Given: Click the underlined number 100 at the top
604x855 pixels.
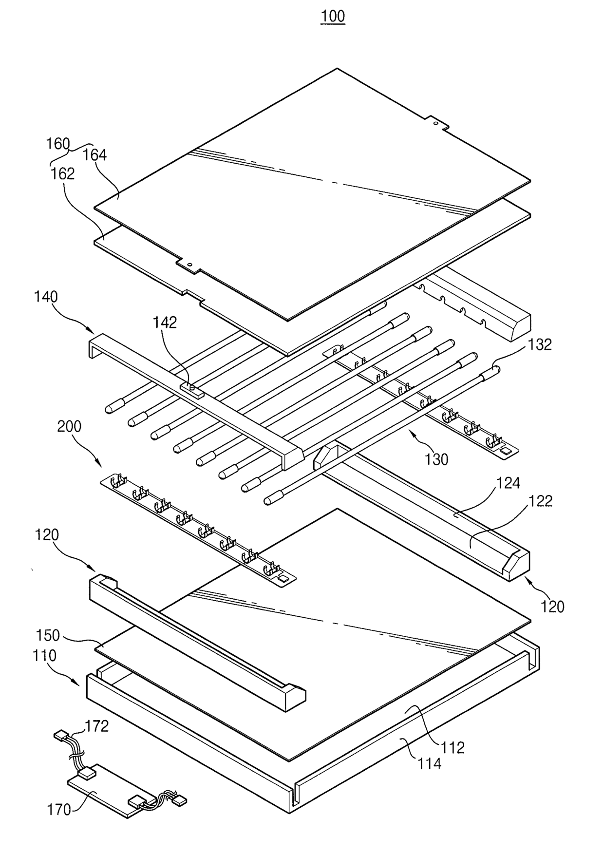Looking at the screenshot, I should pyautogui.click(x=333, y=17).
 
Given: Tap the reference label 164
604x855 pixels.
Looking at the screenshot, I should pyautogui.click(x=94, y=155).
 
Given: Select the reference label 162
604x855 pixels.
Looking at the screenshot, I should pyautogui.click(x=63, y=174).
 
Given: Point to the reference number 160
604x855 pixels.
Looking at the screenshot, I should pyautogui.click(x=58, y=144).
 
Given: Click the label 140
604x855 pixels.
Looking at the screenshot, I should pyautogui.click(x=46, y=297).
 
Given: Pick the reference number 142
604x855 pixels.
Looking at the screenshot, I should pyautogui.click(x=165, y=323).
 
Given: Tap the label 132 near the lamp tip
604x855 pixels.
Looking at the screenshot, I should pyautogui.click(x=540, y=344).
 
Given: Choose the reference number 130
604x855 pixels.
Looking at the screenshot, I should pyautogui.click(x=436, y=459).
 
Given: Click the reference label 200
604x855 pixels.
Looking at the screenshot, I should pyautogui.click(x=69, y=426).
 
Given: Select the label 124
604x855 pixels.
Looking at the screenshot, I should pyautogui.click(x=509, y=483).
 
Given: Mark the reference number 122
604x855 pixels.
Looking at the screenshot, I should pyautogui.click(x=541, y=501).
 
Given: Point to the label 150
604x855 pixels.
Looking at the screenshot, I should pyautogui.click(x=48, y=635).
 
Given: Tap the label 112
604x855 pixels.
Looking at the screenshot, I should pyautogui.click(x=453, y=747).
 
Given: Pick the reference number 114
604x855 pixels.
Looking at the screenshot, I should pyautogui.click(x=429, y=763).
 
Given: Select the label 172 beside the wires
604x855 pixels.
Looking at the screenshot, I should pyautogui.click(x=97, y=726).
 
